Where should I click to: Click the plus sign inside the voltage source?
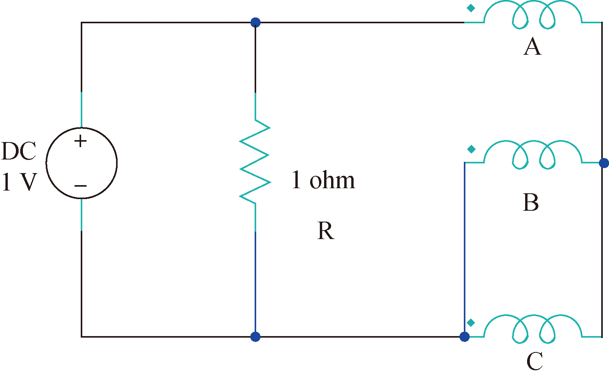(80, 141)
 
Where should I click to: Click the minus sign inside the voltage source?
(80, 186)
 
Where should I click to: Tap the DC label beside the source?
(19, 151)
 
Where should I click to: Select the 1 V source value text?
(19, 182)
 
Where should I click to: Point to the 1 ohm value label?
(323, 180)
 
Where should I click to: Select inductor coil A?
(533, 16)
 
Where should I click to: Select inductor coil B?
(533, 155)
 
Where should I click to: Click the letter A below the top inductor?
(532, 47)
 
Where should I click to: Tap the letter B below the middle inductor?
(531, 203)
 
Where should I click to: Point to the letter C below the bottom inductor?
(534, 361)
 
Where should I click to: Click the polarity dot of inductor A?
(470, 8)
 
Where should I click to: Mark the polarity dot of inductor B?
(471, 149)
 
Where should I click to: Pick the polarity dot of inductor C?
(471, 323)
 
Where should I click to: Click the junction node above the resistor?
(255, 23)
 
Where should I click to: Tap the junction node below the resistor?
(255, 336)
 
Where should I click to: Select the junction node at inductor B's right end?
(604, 163)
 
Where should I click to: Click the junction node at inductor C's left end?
(464, 336)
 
